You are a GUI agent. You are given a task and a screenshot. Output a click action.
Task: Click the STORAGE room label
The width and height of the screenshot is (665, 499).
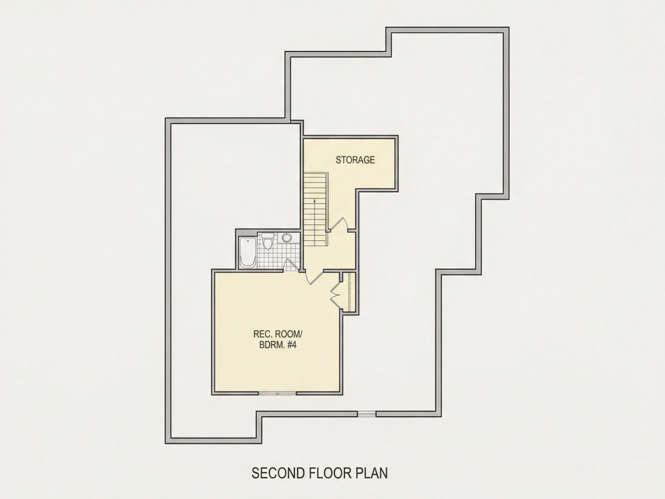point(355,160)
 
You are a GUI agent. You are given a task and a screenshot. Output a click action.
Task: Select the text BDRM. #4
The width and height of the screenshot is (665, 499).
point(277,345)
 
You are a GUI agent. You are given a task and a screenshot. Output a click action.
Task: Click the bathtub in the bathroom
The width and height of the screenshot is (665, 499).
point(247,252)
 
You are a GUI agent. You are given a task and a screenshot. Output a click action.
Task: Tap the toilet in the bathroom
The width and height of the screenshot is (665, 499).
point(267,241)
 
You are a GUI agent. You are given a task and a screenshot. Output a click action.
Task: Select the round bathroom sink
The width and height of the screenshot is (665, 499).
point(287,237)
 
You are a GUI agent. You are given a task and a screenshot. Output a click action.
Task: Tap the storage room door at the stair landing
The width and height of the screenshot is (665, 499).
point(338,224)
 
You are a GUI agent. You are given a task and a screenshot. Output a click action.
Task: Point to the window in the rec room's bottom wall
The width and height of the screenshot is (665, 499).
point(277,393)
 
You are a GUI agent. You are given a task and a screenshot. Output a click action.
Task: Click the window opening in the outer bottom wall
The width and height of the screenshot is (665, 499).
point(367,414)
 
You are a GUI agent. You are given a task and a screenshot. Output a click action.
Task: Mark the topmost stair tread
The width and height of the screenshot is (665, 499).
point(316,175)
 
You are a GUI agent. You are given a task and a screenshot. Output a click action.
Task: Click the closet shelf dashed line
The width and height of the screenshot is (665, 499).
point(349,292)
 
